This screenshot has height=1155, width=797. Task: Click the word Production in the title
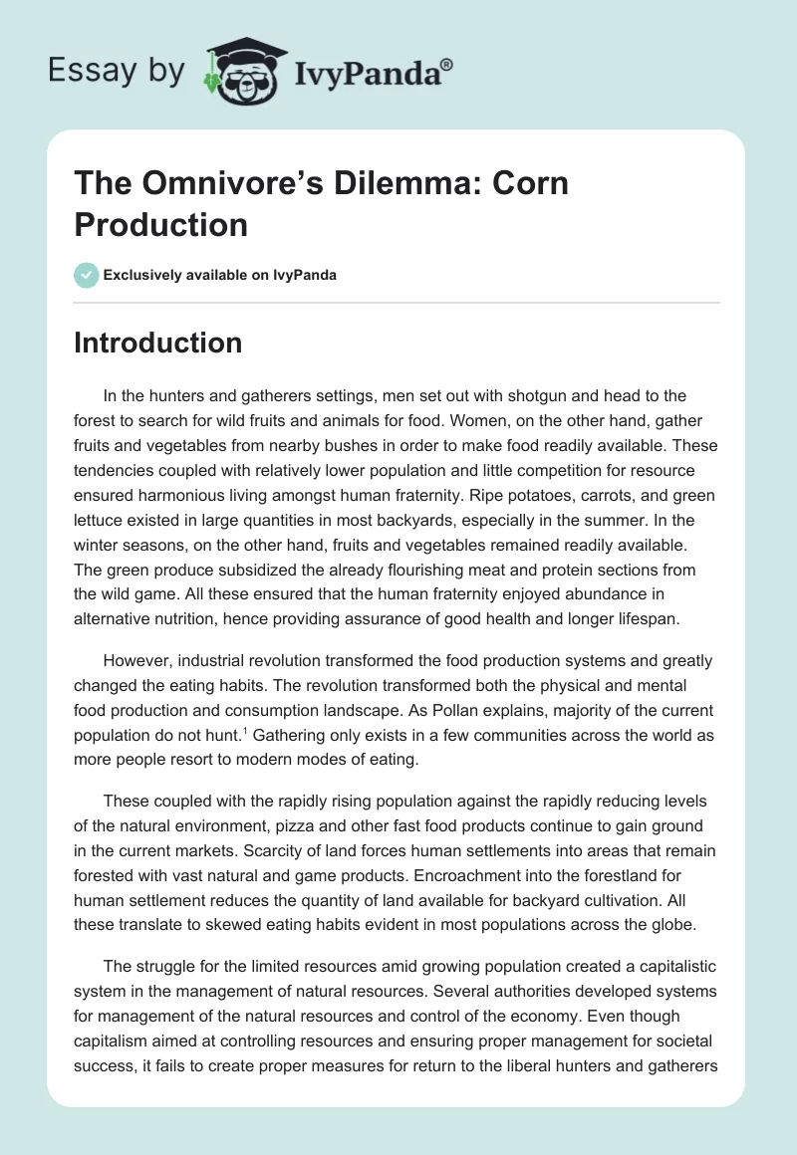(160, 224)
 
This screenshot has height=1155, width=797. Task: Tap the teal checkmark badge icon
(87, 275)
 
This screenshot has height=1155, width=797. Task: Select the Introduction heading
(158, 343)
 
